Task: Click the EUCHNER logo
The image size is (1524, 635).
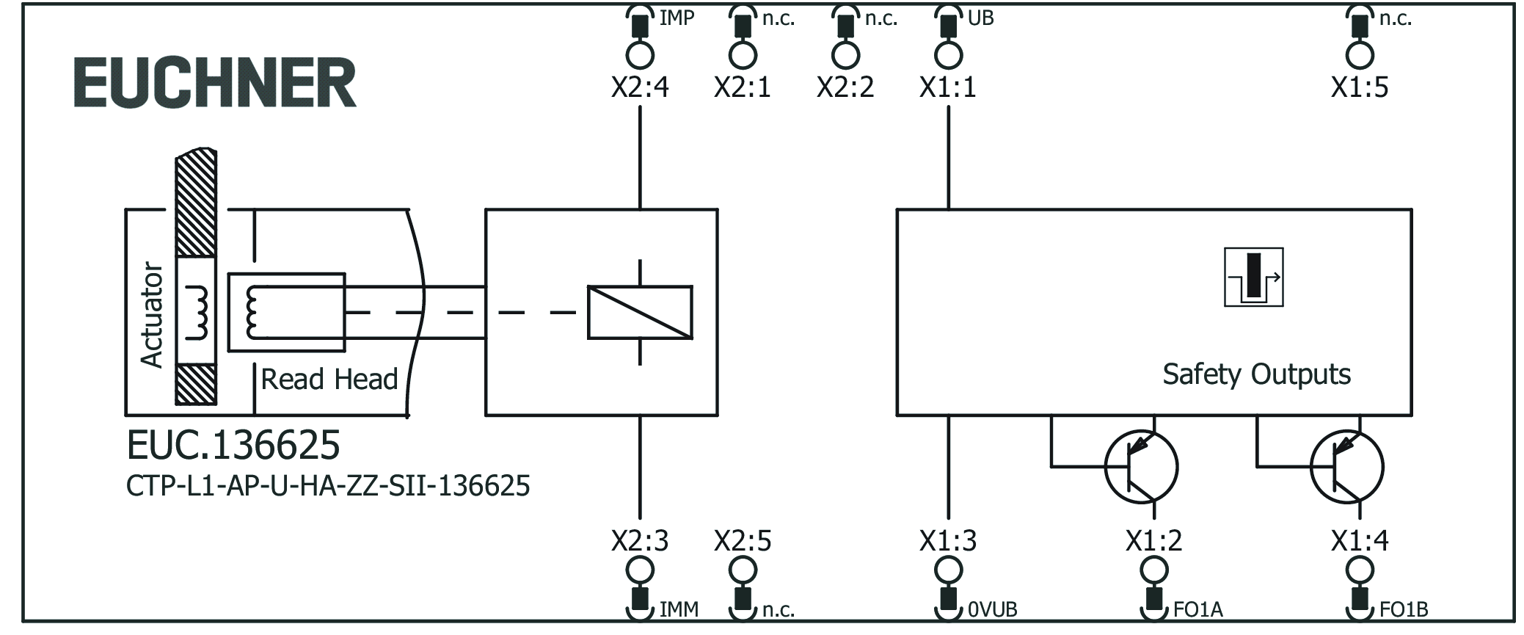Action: pos(215,84)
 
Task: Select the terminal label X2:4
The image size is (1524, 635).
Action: pos(640,88)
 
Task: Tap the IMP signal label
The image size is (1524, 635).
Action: pos(676,18)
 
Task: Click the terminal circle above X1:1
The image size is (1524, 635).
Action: pos(948,55)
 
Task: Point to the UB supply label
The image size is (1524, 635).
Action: pos(980,18)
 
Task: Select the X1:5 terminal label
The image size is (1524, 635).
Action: pos(1359,88)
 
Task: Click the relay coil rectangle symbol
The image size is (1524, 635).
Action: pos(640,312)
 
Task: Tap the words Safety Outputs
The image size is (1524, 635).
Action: pos(1255,374)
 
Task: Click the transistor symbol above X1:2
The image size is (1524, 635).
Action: pos(1141,467)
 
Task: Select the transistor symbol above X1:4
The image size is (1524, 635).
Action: pos(1346,467)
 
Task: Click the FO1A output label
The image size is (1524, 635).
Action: pos(1197,609)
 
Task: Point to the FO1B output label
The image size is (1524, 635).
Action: pos(1403,609)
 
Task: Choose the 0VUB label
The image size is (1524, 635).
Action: pos(992,609)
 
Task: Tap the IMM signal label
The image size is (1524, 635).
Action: pos(679,609)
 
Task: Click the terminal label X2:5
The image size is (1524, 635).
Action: pos(743,541)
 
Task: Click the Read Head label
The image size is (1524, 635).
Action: pos(329,380)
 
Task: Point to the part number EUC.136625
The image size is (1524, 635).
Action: pos(233,445)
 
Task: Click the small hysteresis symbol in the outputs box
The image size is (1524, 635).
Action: pos(1253,277)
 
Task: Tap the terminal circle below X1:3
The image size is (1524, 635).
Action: pos(948,570)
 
